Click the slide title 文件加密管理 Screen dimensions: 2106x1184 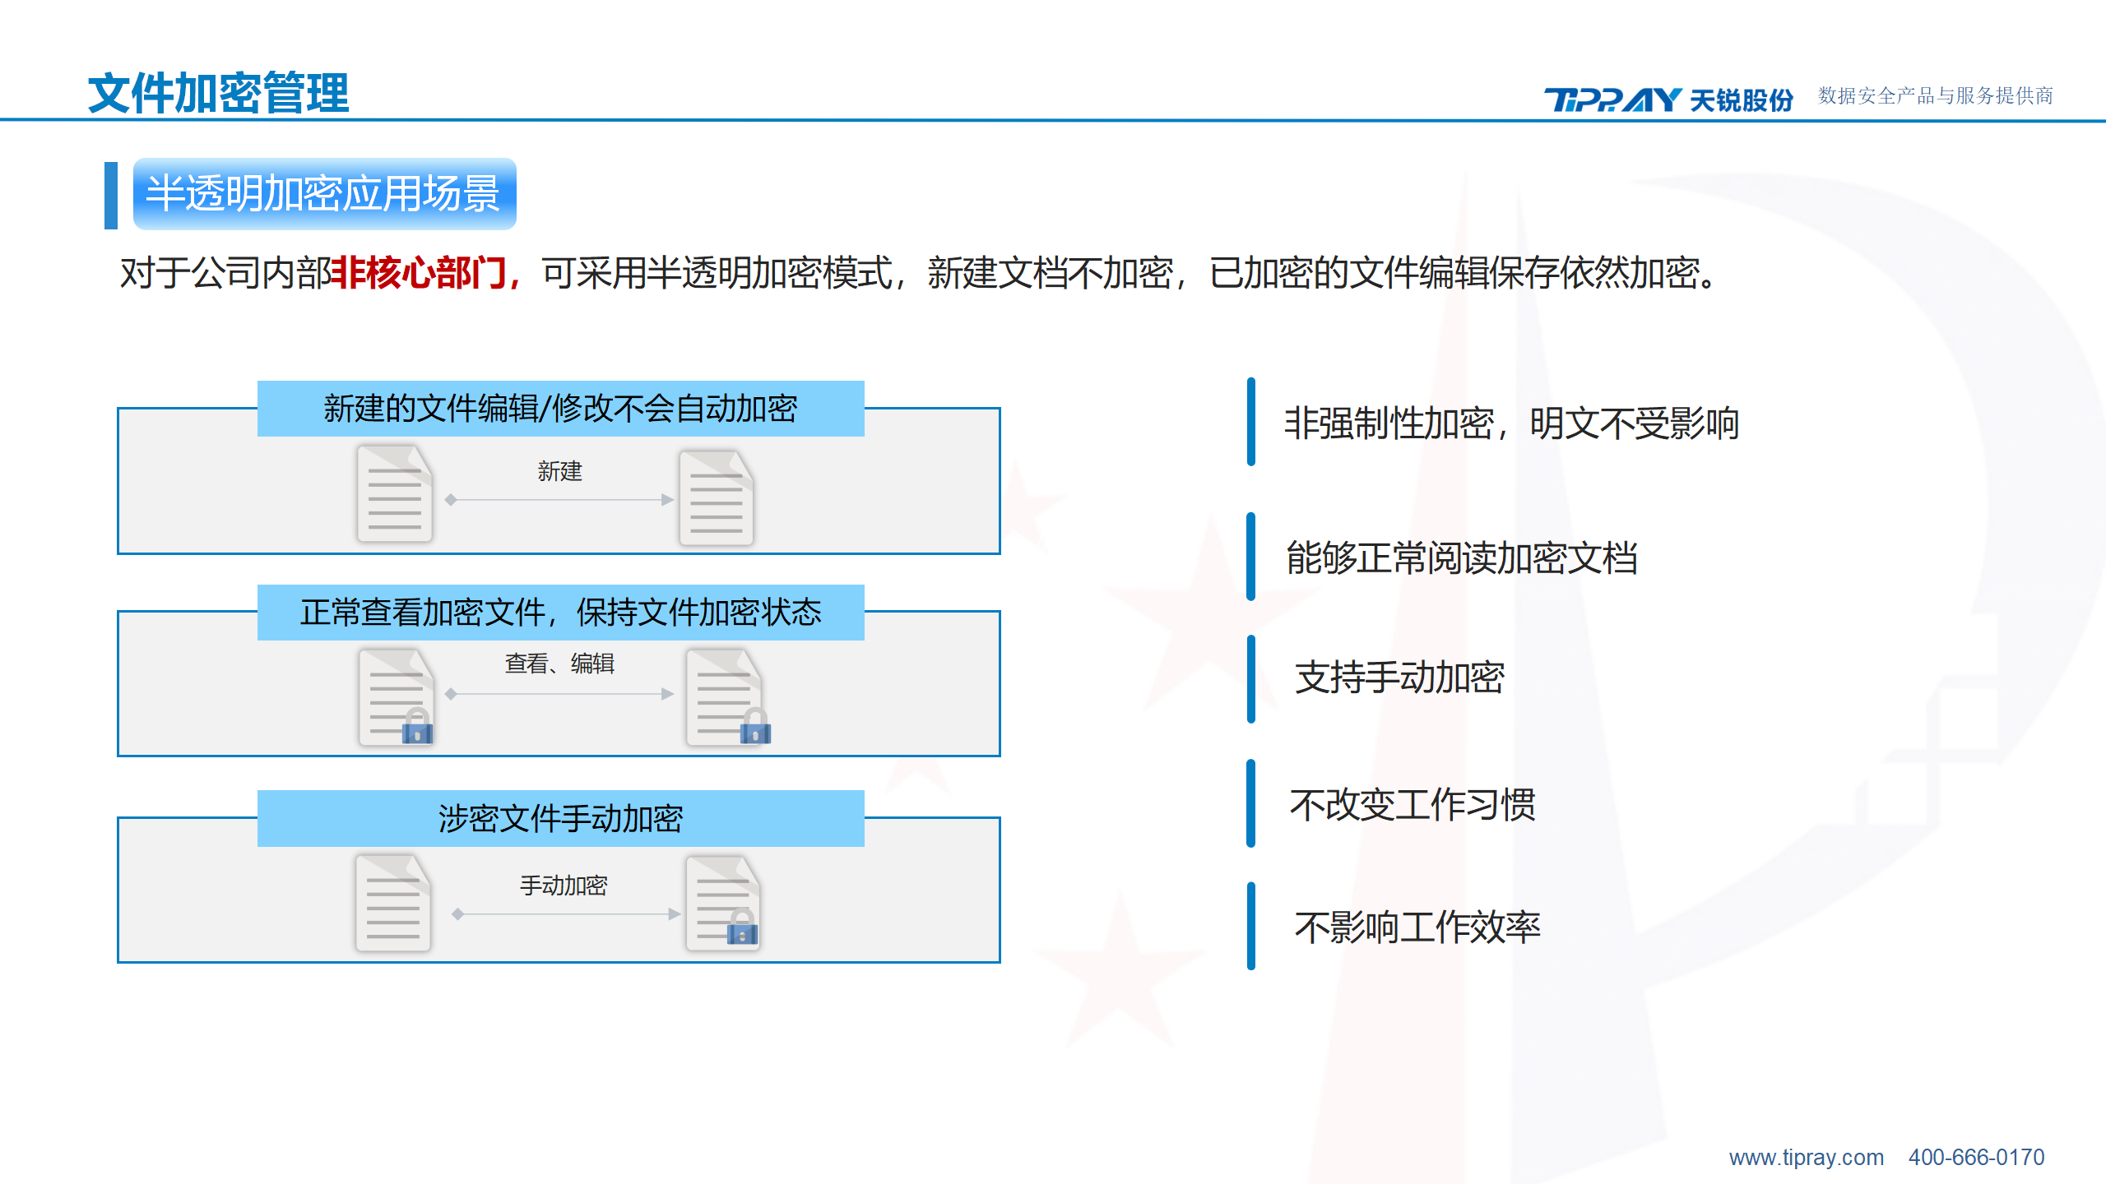pos(218,93)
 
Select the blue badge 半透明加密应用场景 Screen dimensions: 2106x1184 pos(324,194)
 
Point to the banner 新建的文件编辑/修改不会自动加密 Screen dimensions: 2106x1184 pos(560,409)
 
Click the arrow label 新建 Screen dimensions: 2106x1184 pos(559,471)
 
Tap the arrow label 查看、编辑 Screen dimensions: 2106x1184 pos(559,664)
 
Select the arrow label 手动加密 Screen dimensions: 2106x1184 pos(564,886)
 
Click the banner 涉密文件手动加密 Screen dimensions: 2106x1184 pos(560,819)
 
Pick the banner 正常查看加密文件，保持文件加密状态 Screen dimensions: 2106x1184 pos(560,613)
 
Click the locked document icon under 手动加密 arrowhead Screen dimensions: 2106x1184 pos(723,903)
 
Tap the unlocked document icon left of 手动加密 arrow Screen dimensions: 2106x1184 pos(393,903)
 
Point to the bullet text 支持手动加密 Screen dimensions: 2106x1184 pos(1399,678)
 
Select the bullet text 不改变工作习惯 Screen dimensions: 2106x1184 pos(1413,805)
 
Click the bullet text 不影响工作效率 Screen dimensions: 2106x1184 pos(1417,927)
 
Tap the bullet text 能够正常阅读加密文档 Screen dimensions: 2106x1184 pos(1462,558)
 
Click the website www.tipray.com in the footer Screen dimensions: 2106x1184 pos(1807,1158)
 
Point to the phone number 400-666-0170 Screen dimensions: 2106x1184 pos(1976,1158)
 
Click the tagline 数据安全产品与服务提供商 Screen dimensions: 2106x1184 pos(1936,96)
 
